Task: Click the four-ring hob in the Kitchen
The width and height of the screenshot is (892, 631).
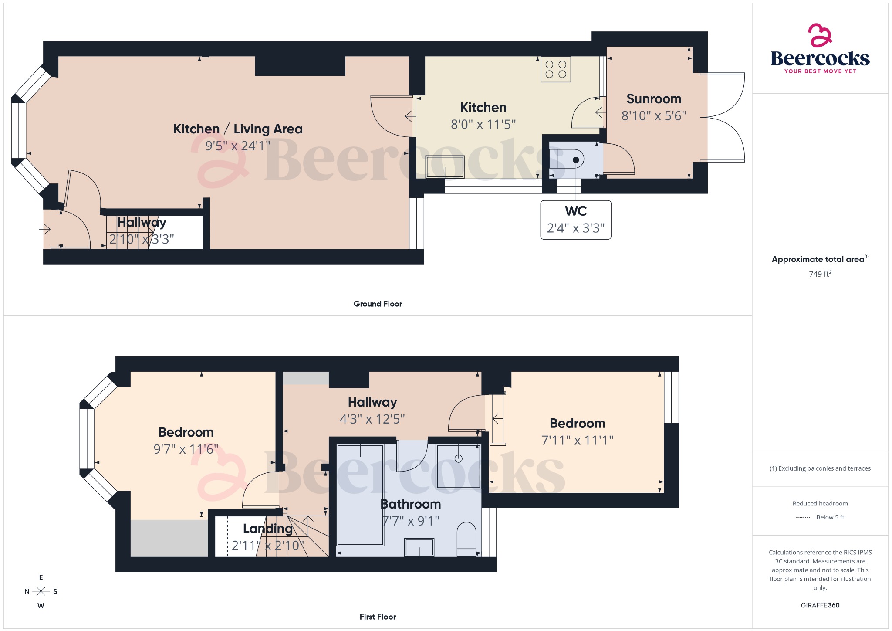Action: pos(556,70)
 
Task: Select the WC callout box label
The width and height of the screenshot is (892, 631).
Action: pos(576,211)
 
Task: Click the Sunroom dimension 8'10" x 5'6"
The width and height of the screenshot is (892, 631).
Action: pos(654,116)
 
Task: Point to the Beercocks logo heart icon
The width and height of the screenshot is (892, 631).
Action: pos(820,35)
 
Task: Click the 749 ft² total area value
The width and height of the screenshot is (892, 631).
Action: pos(820,274)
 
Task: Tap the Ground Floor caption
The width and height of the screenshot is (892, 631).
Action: pos(378,304)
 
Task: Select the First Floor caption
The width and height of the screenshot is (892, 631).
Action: pos(378,617)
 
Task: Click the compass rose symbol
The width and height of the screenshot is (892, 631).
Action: pos(41,591)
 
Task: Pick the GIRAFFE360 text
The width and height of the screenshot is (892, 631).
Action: pos(820,605)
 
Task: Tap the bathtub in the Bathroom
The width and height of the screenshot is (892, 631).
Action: pos(360,495)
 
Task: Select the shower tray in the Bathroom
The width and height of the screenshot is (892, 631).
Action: pos(458,466)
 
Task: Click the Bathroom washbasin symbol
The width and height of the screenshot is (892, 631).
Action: pos(419,547)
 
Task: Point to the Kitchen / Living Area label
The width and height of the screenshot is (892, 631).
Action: pos(238,129)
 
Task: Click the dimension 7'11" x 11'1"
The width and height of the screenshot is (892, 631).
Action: pos(577,441)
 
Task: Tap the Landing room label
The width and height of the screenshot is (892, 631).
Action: pos(267,529)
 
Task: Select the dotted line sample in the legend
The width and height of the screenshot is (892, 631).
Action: pos(804,518)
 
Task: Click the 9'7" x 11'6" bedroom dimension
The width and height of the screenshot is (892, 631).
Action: pos(186,449)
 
